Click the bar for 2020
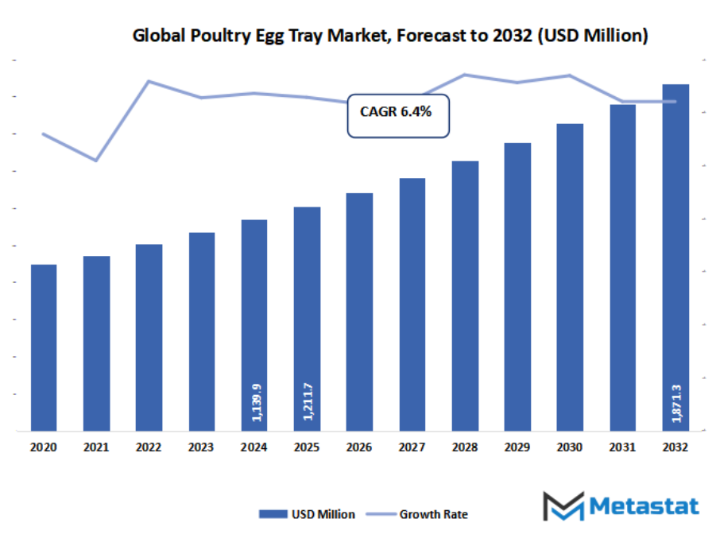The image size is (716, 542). point(44,347)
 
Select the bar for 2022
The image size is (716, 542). point(149,337)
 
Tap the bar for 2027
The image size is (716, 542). point(412,304)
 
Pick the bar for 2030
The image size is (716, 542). point(570,277)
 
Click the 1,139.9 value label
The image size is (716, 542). point(255,403)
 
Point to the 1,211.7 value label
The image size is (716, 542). point(308,402)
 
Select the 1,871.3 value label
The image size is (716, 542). point(675,402)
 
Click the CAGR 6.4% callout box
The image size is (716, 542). point(398,115)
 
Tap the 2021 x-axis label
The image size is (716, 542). point(96,447)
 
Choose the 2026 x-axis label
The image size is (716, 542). point(359,447)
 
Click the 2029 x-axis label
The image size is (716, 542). point(517,447)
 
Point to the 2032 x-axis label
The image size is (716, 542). point(675,447)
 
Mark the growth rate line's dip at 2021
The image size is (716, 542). point(96,161)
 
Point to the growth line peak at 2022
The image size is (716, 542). point(149,81)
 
